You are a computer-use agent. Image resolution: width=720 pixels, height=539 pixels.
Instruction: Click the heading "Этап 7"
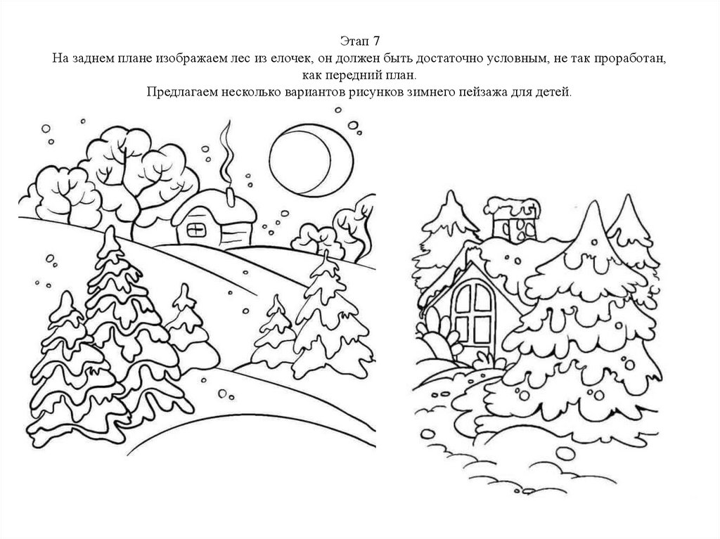360,41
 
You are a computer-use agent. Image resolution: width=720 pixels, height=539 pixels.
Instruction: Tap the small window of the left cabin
195,230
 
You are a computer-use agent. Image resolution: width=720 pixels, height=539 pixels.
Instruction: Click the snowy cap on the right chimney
513,206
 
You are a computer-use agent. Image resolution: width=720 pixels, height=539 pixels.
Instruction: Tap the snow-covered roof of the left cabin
214,206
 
